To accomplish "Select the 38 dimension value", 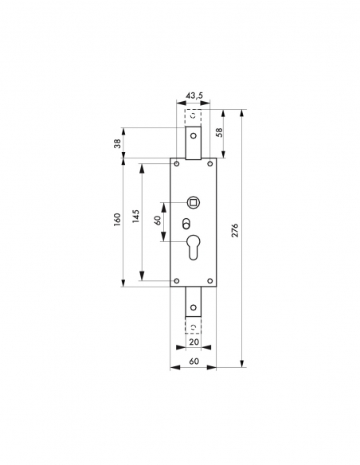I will tap(117, 144).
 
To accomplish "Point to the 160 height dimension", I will tap(117, 219).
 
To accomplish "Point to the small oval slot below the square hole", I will tap(187, 222).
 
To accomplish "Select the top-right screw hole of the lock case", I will tap(210, 164).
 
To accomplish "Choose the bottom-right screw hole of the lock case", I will tap(210, 279).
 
